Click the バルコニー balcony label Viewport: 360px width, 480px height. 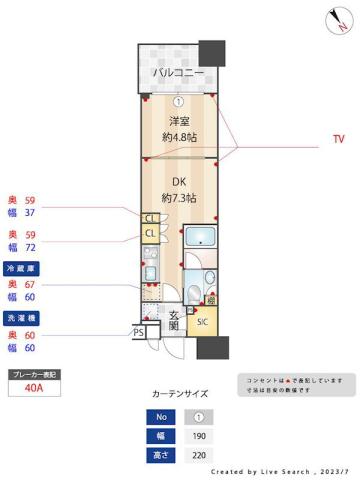tap(178, 73)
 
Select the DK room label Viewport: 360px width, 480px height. tap(179, 182)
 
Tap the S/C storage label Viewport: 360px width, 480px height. tap(201, 322)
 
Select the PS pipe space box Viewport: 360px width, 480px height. tap(139, 332)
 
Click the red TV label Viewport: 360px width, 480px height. tap(338, 141)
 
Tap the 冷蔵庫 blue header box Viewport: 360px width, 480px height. tap(21, 270)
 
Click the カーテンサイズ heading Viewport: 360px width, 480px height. tap(180, 394)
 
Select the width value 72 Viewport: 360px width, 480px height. tap(30, 247)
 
